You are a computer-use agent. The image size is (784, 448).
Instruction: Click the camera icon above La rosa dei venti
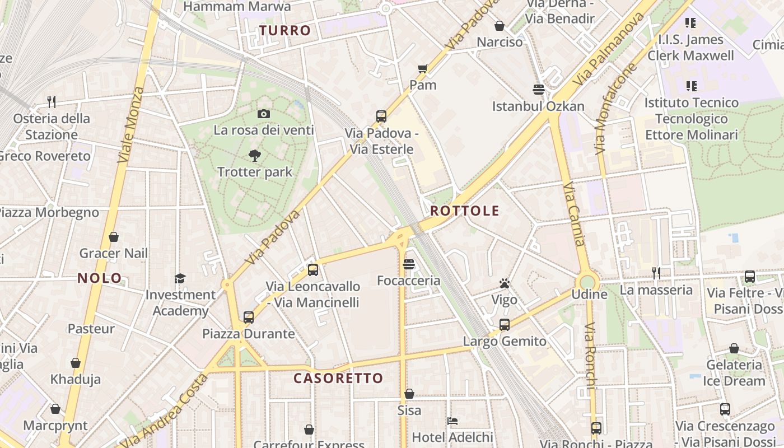click(264, 114)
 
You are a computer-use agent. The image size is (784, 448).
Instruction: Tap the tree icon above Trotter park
click(255, 155)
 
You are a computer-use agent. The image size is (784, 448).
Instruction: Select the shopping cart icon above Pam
click(423, 69)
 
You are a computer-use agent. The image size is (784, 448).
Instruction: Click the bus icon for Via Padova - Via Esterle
click(381, 116)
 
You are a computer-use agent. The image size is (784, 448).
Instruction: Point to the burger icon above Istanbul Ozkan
click(539, 90)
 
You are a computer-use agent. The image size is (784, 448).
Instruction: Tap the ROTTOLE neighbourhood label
click(465, 211)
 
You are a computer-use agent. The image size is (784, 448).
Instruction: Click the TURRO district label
click(285, 31)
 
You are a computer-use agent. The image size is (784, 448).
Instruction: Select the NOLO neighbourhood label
click(100, 278)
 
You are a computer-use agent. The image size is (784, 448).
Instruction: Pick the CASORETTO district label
click(338, 379)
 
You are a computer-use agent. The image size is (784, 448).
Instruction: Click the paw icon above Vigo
click(505, 283)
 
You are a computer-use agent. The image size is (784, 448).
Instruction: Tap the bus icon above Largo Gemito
click(505, 325)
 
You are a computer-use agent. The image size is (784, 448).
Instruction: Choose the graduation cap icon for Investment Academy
click(180, 278)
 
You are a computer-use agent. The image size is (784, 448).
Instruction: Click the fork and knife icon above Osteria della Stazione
click(52, 101)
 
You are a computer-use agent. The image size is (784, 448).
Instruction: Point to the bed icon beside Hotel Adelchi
click(452, 421)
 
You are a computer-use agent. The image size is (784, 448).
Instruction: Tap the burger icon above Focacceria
click(409, 264)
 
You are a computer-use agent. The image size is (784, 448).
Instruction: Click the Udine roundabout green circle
click(587, 282)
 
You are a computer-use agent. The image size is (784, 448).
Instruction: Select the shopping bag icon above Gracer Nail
click(114, 237)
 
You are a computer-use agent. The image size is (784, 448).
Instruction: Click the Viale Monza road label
click(130, 125)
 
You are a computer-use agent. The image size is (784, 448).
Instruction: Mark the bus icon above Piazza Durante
click(249, 318)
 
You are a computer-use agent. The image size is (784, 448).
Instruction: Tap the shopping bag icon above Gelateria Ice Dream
click(734, 349)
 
